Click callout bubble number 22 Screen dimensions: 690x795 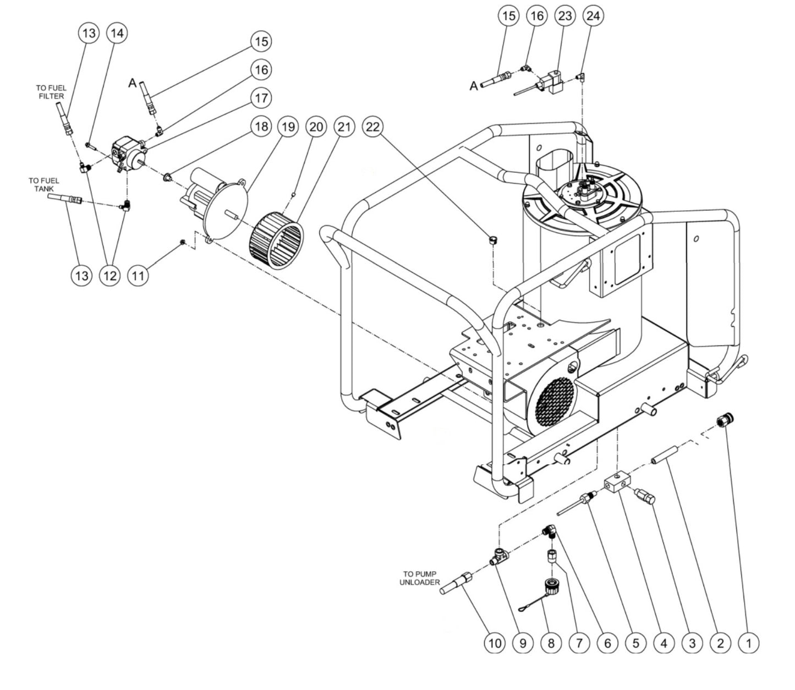click(x=372, y=127)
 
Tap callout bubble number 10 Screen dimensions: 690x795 click(x=494, y=642)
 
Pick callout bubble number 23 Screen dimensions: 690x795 click(x=565, y=15)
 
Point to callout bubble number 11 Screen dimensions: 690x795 click(x=138, y=275)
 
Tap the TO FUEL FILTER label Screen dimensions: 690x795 click(x=51, y=92)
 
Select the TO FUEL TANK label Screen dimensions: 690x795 click(x=44, y=184)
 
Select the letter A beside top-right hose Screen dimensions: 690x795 click(x=474, y=86)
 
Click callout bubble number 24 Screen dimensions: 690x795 click(x=593, y=15)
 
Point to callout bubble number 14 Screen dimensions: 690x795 click(x=117, y=32)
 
